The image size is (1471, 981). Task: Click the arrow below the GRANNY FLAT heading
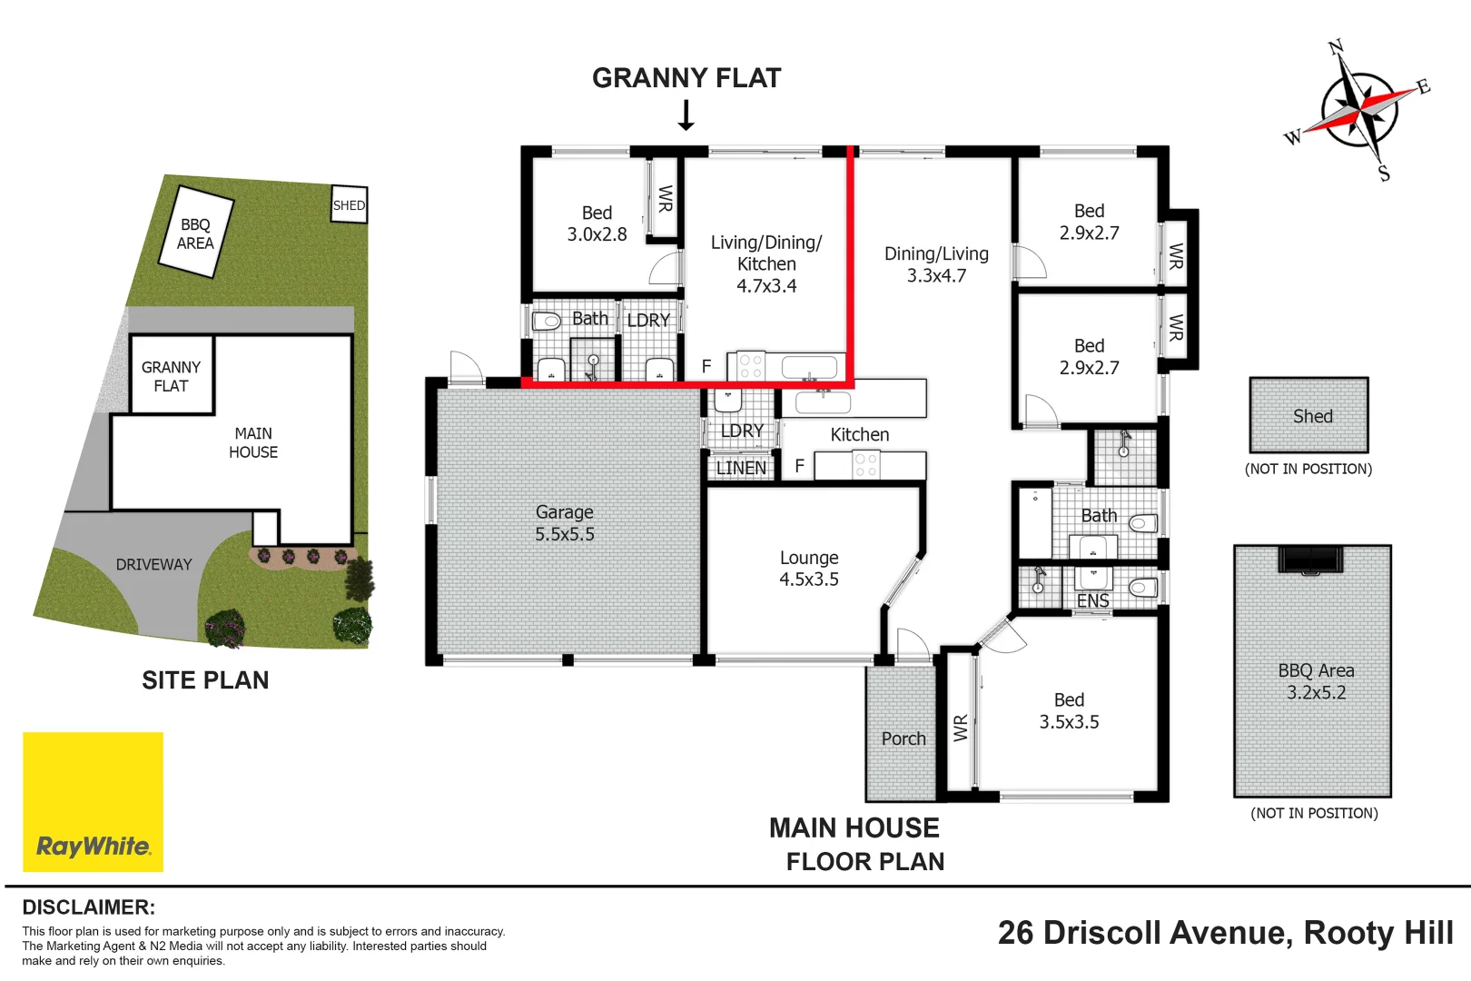[x=686, y=115]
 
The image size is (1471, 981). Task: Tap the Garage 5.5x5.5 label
[x=564, y=523]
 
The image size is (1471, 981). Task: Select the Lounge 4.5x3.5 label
[x=808, y=569]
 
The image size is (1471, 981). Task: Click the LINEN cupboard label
[x=741, y=468]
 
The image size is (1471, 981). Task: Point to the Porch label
[x=903, y=738]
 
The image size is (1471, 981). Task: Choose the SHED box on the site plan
[x=349, y=205]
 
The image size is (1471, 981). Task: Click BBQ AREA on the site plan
[x=195, y=233]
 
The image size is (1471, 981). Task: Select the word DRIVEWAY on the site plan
[x=153, y=564]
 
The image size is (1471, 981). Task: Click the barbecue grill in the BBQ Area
[x=1310, y=560]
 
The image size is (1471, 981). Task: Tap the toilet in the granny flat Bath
[x=547, y=321]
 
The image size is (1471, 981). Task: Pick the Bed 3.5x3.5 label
[x=1069, y=710]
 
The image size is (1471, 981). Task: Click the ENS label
[x=1092, y=601]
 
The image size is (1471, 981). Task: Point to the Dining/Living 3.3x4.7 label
[x=936, y=264]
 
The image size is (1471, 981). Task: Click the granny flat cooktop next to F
[x=750, y=366]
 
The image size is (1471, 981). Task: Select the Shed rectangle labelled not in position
[x=1308, y=415]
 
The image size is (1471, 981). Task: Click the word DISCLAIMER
[x=88, y=907]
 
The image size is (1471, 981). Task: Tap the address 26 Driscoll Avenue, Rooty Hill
[x=1225, y=933]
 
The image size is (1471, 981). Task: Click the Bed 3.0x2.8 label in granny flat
[x=597, y=223]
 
